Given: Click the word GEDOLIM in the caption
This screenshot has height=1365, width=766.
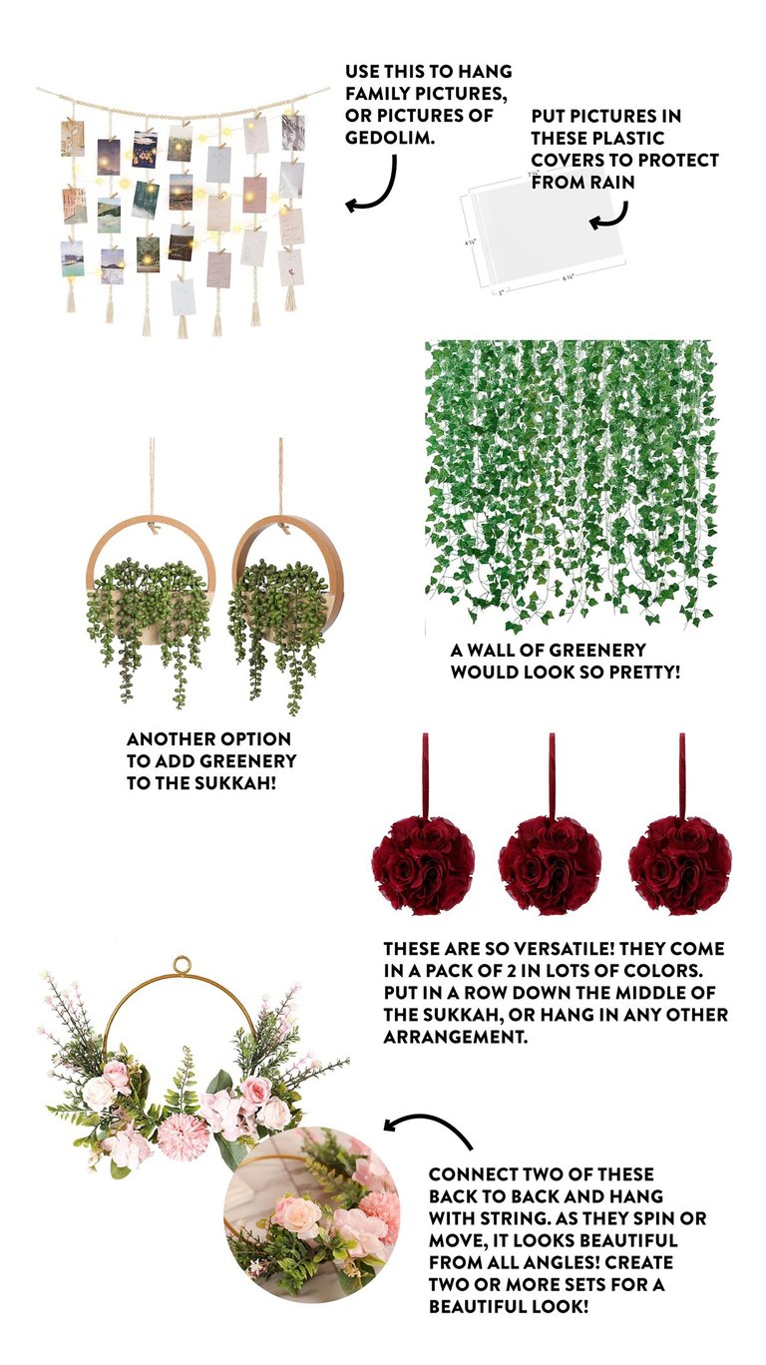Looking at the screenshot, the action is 390,137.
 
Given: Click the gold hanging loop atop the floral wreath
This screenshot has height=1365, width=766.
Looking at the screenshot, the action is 181,966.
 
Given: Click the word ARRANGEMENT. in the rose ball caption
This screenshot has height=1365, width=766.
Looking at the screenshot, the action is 456,1037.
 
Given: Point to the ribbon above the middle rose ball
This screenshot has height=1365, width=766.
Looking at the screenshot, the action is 552,775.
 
